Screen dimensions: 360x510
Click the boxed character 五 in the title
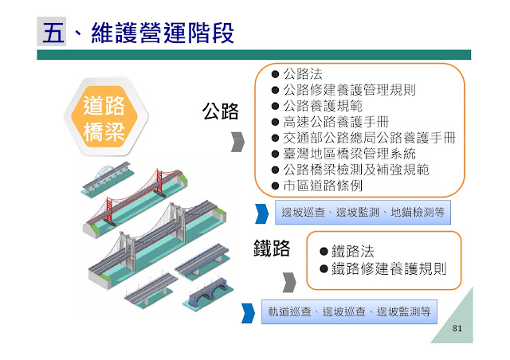click(52, 33)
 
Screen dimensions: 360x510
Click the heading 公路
click(221, 111)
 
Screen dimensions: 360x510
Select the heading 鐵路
click(266, 248)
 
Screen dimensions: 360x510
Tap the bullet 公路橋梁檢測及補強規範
click(355, 169)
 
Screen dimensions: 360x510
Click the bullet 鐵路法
click(351, 250)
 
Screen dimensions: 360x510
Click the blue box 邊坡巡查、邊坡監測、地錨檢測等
click(363, 213)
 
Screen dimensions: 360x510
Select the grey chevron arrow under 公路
click(237, 142)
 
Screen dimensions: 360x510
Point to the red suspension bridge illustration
click(156, 194)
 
